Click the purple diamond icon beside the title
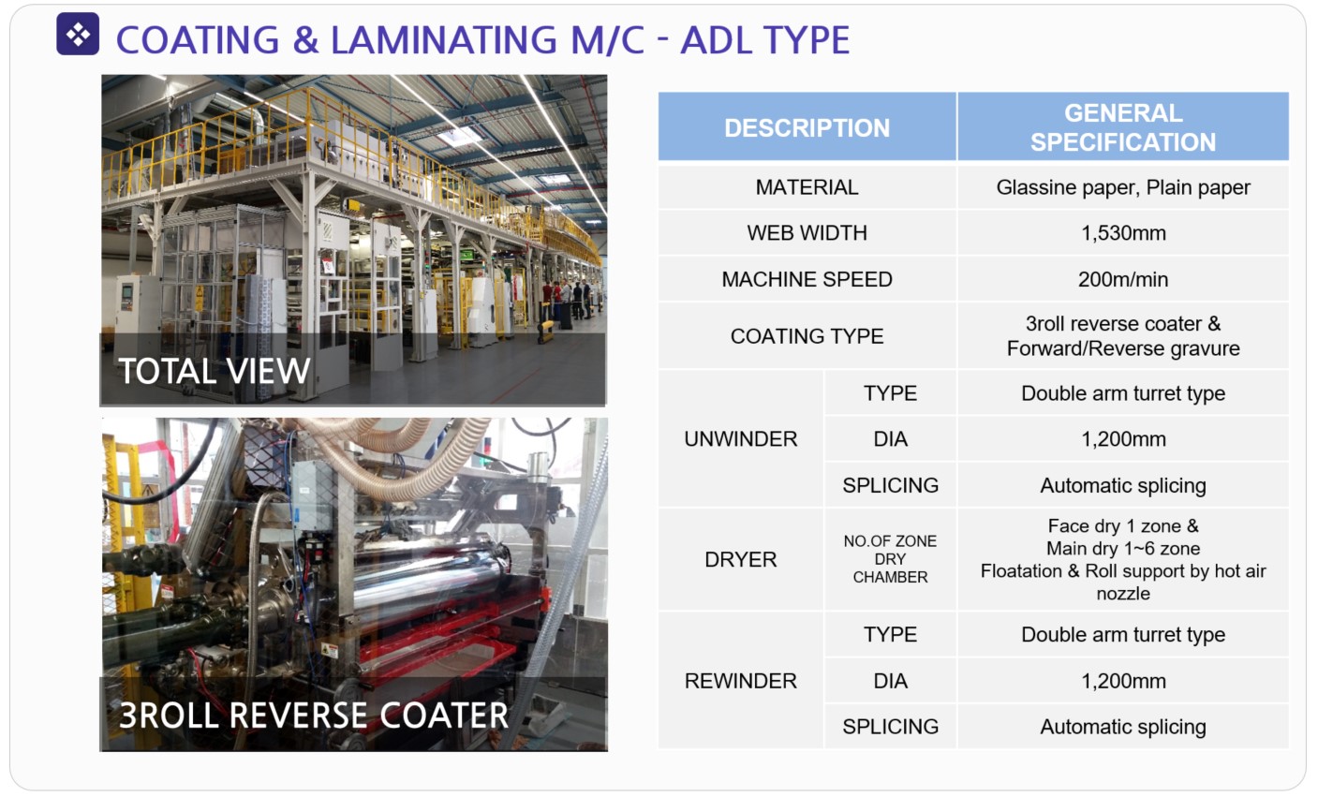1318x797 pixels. tap(78, 34)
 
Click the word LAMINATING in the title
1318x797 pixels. tap(444, 40)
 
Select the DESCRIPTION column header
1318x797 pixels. tap(807, 127)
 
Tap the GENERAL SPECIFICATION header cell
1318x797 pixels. tap(1122, 127)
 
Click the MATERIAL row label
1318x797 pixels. tap(807, 187)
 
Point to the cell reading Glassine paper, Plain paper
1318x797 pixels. tap(1122, 187)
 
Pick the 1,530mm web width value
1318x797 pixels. tap(1122, 233)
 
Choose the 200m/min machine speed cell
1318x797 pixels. tap(1122, 279)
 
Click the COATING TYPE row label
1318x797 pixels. tap(807, 336)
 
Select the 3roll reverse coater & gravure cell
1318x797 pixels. tap(1122, 336)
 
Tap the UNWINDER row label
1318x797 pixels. tap(740, 439)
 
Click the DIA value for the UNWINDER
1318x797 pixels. tap(1122, 439)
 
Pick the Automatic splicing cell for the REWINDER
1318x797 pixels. tap(1122, 727)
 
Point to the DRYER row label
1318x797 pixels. tap(740, 559)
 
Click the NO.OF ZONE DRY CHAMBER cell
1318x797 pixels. tap(890, 559)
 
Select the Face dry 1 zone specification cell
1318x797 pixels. tap(1122, 559)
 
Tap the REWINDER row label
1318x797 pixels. tap(740, 681)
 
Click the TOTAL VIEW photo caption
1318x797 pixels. tap(215, 371)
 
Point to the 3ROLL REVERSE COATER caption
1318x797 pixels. tap(314, 716)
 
